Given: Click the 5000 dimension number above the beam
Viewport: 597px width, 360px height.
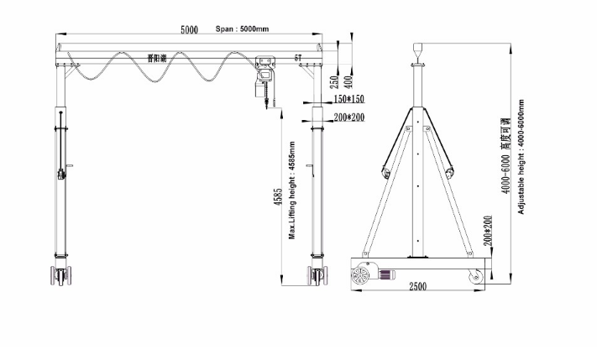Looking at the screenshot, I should point(189,30).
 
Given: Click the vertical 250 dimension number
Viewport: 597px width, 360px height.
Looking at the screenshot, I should point(335,82).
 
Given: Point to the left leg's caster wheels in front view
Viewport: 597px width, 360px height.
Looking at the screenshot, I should point(60,275).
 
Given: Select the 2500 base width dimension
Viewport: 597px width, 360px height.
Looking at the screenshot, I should point(417,286).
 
